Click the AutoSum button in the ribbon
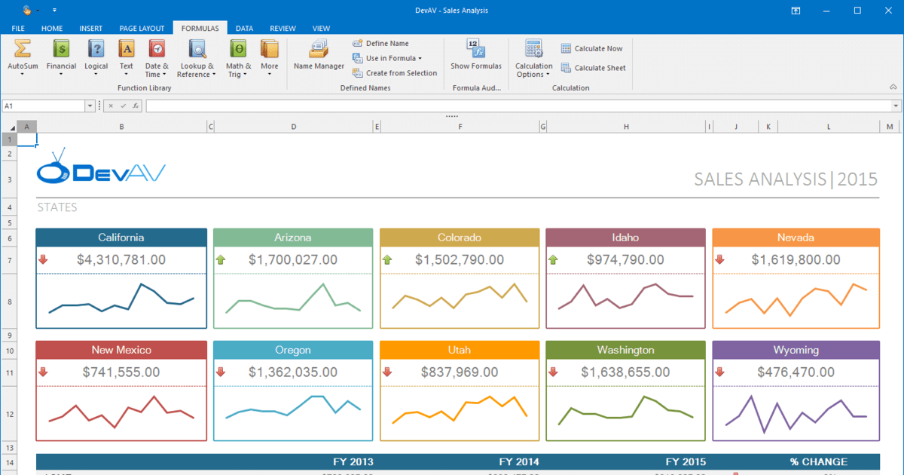(x=23, y=57)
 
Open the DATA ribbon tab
(x=244, y=28)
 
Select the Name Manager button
(x=319, y=57)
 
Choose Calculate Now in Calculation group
(x=592, y=48)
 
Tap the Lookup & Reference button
(x=197, y=58)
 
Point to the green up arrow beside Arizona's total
(x=221, y=259)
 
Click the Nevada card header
(x=796, y=237)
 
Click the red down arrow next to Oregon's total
(x=221, y=372)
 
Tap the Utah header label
(x=460, y=350)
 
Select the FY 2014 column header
(x=518, y=461)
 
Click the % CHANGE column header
(x=818, y=461)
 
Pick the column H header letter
(x=626, y=127)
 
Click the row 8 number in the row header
(x=9, y=302)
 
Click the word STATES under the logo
(x=56, y=207)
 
